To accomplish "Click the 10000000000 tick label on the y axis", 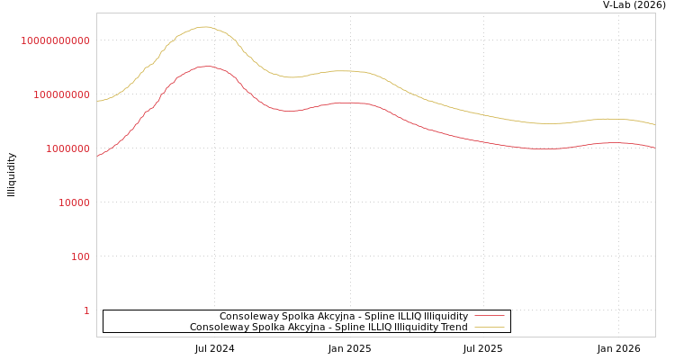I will coord(55,40).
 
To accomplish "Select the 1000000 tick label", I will coord(62,148).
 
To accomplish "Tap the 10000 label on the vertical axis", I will coord(74,202).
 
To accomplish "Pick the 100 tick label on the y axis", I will coord(81,256).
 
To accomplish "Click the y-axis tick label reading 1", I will coord(86,310).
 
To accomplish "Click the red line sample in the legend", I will coord(489,316).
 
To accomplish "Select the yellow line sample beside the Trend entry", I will coord(489,327).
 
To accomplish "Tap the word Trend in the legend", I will coord(452,327).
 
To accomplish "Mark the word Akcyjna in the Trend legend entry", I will coord(305,327).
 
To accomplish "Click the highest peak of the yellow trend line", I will coord(204,27).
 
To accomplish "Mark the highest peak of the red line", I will coord(206,66).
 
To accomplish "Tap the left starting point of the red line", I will coord(97,156).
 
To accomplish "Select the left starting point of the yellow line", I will coord(97,101).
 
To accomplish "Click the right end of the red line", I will coord(654,148).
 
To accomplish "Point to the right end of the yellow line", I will coord(654,125).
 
